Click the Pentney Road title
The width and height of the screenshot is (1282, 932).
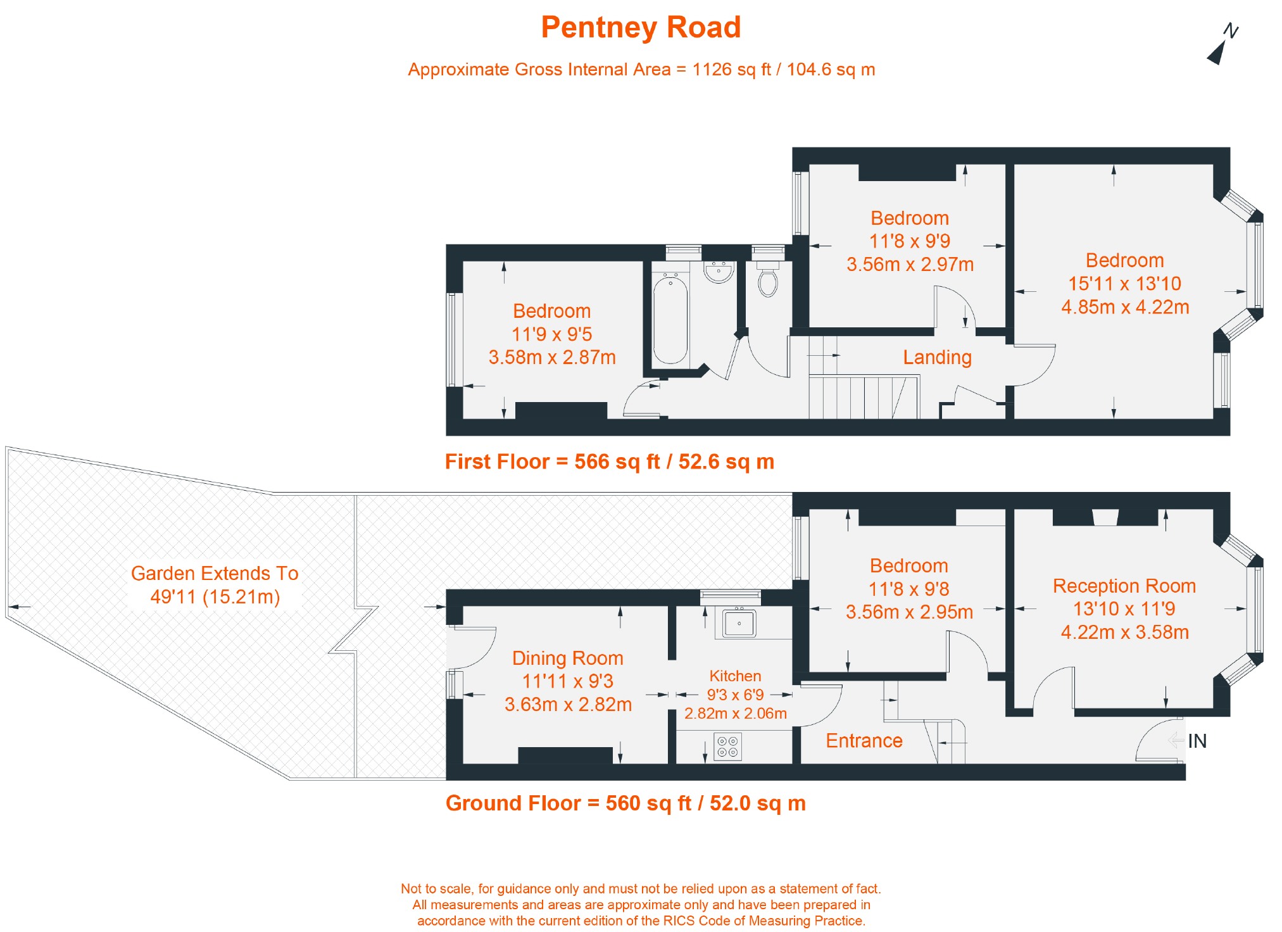pos(641,28)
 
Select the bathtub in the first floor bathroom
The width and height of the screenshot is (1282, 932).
pos(670,320)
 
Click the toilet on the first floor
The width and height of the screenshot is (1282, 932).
pos(768,280)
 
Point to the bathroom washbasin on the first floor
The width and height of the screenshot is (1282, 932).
pos(719,272)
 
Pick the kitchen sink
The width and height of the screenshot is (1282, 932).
pos(738,622)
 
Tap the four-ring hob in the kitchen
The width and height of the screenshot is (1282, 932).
pos(727,746)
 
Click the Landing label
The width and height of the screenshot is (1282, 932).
pos(937,358)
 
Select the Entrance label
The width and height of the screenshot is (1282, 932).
pos(864,741)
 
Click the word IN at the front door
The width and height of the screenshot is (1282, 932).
pos(1197,741)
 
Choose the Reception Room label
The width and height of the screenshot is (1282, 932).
pos(1124,586)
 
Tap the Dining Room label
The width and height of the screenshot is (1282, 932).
pos(568,658)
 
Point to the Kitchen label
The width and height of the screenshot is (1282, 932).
pos(735,676)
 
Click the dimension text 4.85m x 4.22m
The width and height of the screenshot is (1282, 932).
pos(1125,307)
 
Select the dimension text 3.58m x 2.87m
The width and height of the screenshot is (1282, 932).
pos(552,358)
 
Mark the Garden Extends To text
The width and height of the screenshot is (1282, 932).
pos(215,574)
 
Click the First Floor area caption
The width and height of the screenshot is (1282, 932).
pos(610,462)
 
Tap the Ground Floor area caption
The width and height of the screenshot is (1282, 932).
pos(625,803)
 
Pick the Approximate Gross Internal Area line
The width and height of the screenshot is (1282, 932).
pos(641,70)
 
